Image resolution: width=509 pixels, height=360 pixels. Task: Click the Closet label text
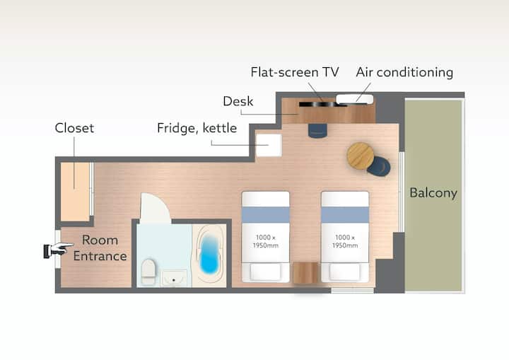point(74,128)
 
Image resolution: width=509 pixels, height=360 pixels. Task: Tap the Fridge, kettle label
point(197,128)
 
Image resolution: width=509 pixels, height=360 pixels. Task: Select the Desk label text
point(238,101)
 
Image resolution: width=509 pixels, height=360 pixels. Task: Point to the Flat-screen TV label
point(295,72)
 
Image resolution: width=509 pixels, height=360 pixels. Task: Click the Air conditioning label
point(404,72)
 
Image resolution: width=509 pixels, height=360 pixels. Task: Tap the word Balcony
point(433,192)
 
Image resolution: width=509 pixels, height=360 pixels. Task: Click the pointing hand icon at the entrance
point(59,250)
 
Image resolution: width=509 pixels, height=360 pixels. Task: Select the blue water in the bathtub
point(209,254)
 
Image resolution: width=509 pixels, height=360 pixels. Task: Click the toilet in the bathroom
point(148,272)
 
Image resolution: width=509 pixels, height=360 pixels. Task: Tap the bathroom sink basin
point(174,279)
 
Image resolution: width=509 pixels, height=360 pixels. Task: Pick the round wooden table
point(361,156)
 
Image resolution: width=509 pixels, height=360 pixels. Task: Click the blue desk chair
point(317,131)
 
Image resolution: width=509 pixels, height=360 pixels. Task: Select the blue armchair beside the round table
point(379,166)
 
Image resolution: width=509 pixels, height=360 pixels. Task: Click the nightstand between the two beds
point(305,272)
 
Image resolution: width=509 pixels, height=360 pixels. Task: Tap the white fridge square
point(269,145)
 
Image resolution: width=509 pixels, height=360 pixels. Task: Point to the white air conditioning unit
point(354,99)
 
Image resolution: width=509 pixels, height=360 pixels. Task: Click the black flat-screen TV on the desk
point(318,104)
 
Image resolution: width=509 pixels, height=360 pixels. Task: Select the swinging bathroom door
point(155,208)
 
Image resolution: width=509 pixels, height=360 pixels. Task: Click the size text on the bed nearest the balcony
point(345,241)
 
